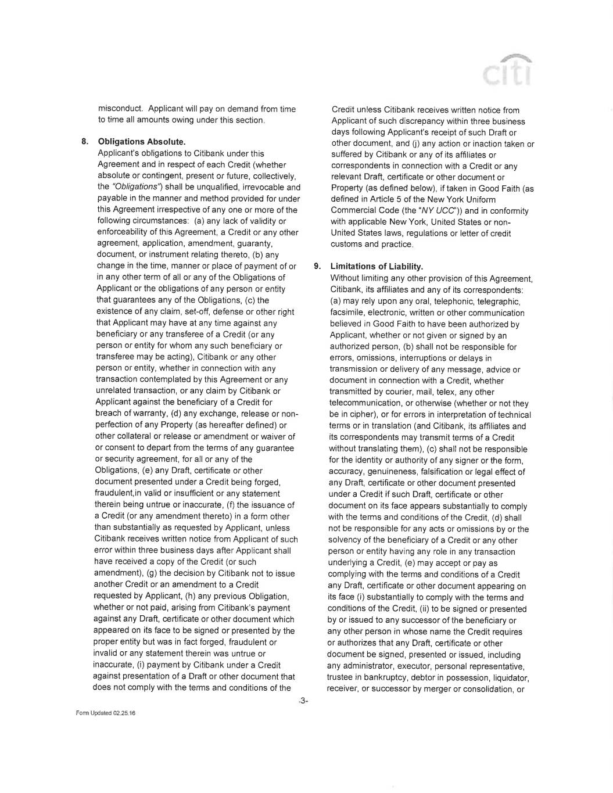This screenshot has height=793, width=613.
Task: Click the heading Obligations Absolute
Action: pyautogui.click(x=142, y=142)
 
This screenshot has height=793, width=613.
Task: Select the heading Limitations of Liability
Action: pyautogui.click(x=377, y=267)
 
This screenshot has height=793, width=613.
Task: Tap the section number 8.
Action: pyautogui.click(x=84, y=142)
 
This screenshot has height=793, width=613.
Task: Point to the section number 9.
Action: pyautogui.click(x=317, y=267)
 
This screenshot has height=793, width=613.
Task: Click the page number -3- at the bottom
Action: pyautogui.click(x=303, y=702)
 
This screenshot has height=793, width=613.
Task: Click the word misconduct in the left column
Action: pyautogui.click(x=120, y=109)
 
